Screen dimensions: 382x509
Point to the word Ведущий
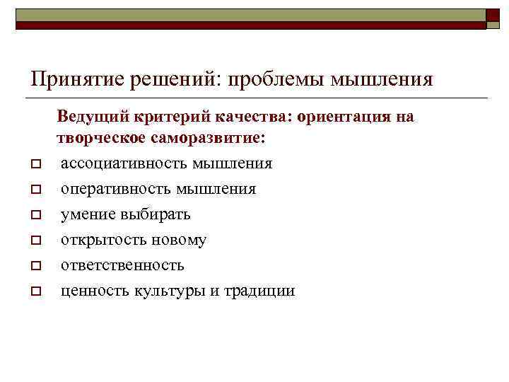89,116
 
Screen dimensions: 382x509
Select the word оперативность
116,189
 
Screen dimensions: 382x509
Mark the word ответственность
122,265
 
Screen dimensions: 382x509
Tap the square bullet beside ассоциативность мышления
34,164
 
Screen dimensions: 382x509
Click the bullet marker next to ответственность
34,266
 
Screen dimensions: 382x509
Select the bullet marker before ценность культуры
34,291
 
